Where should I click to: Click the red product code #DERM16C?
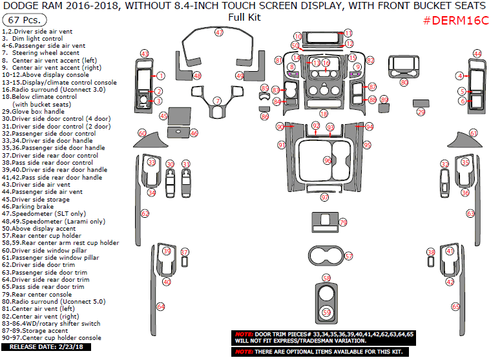pyautogui.click(x=456, y=19)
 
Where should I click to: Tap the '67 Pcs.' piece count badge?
pyautogui.click(x=23, y=21)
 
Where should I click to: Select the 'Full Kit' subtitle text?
pyautogui.click(x=245, y=17)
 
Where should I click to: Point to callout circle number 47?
pyautogui.click(x=219, y=32)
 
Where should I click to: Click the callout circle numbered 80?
pyautogui.click(x=404, y=82)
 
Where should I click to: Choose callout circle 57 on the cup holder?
pyautogui.click(x=348, y=256)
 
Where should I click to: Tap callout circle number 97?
pyautogui.click(x=324, y=197)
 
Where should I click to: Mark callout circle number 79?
pyautogui.click(x=343, y=222)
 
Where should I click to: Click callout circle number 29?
pyautogui.click(x=421, y=112)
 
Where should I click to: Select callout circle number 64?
pyautogui.click(x=160, y=306)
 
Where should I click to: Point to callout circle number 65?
pyautogui.click(x=455, y=306)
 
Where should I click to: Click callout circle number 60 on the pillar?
pyautogui.click(x=141, y=133)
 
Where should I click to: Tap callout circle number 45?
pyautogui.click(x=164, y=116)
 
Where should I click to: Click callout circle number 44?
pyautogui.click(x=477, y=54)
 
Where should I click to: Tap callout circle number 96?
pyautogui.click(x=327, y=160)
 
